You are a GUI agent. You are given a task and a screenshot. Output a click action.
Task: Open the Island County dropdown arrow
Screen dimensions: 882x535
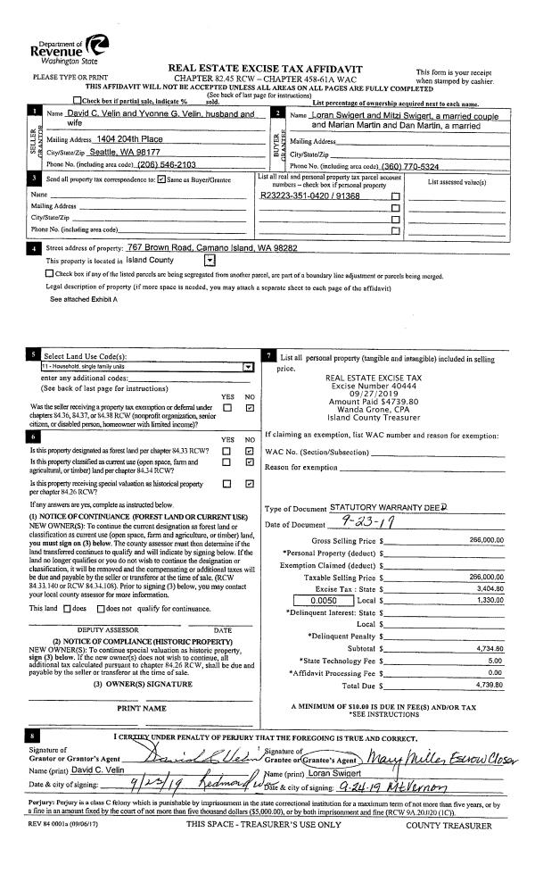(209, 260)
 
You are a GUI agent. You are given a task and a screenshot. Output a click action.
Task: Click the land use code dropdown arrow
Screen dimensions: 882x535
(248, 366)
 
